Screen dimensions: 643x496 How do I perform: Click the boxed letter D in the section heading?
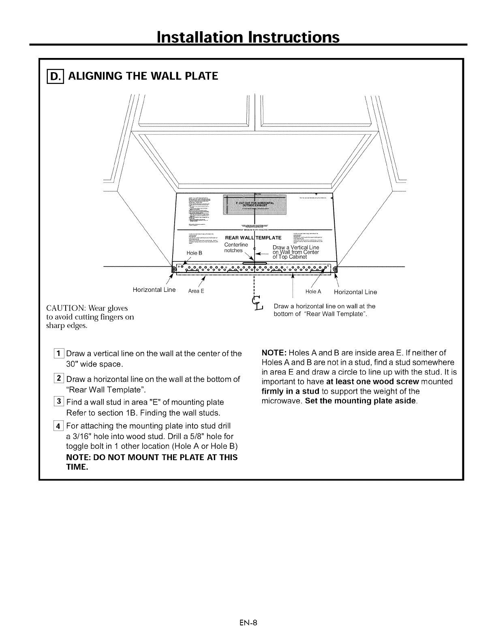[x=52, y=76]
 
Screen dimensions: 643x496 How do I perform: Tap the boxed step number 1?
[x=59, y=354]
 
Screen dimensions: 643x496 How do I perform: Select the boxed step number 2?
[x=59, y=379]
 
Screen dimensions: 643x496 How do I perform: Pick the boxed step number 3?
[x=59, y=402]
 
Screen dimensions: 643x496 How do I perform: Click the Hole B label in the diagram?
[x=194, y=253]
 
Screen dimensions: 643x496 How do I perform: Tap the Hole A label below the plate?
[x=313, y=291]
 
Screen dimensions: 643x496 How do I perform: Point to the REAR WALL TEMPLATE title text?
[x=253, y=238]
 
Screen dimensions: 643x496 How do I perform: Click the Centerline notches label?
[x=235, y=248]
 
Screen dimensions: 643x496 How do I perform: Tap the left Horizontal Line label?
[x=154, y=290]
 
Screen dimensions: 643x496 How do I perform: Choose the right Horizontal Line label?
[x=355, y=292]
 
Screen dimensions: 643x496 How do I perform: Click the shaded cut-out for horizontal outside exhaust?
[x=255, y=205]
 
